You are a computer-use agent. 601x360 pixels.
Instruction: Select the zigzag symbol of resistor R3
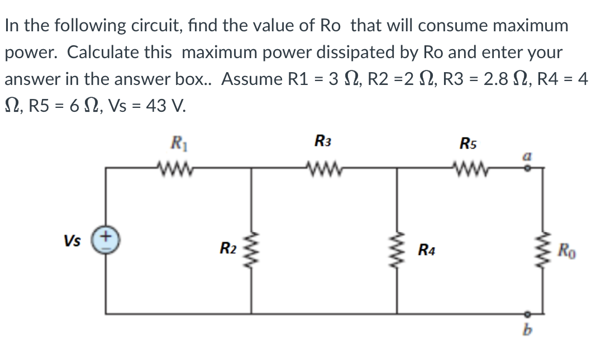click(323, 167)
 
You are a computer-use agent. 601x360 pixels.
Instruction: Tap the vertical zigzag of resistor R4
click(398, 247)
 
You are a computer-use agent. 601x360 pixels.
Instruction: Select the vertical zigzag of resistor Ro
click(542, 247)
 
